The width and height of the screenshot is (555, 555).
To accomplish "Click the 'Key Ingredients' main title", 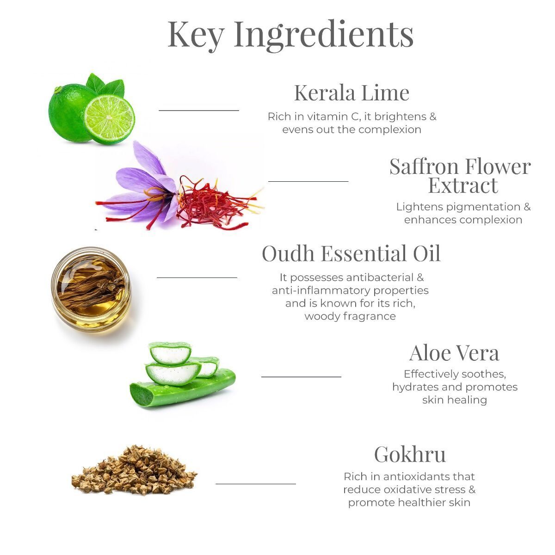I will pyautogui.click(x=290, y=34).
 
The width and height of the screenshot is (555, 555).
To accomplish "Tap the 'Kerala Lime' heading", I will pyautogui.click(x=351, y=92).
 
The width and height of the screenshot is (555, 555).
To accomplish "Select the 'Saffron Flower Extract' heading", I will pyautogui.click(x=460, y=176).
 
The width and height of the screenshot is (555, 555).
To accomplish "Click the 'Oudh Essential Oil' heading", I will pyautogui.click(x=351, y=253).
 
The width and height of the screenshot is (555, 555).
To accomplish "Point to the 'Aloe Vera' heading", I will pyautogui.click(x=454, y=353).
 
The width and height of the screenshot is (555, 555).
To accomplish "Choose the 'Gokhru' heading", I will pyautogui.click(x=410, y=454).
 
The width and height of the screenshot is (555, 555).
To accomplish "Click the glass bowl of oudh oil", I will pyautogui.click(x=91, y=288).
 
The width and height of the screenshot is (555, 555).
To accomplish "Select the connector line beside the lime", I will pyautogui.click(x=199, y=111).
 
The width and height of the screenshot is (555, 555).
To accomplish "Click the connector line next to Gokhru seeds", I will pyautogui.click(x=255, y=484).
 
